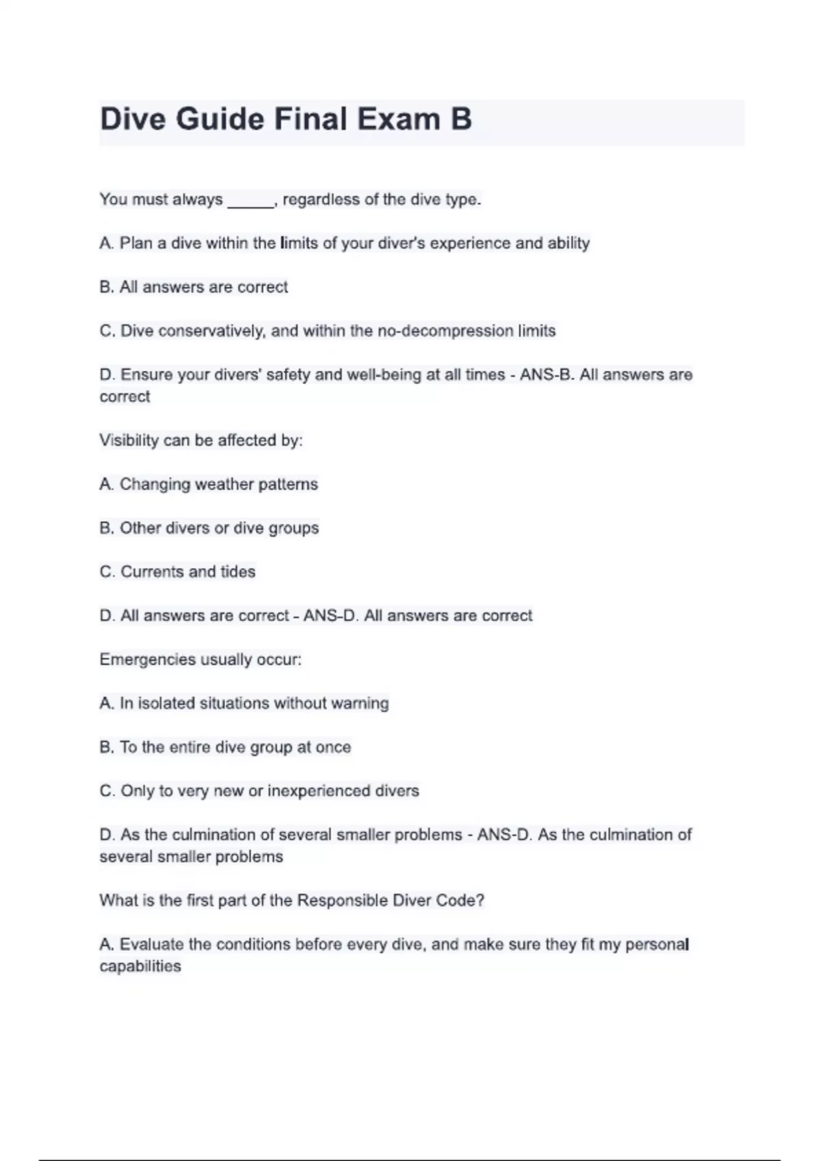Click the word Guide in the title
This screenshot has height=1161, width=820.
(220, 119)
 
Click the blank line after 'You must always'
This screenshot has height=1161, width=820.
(250, 201)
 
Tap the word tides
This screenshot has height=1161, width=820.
(238, 572)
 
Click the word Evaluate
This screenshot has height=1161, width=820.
(152, 945)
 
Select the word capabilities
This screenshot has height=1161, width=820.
(140, 966)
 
